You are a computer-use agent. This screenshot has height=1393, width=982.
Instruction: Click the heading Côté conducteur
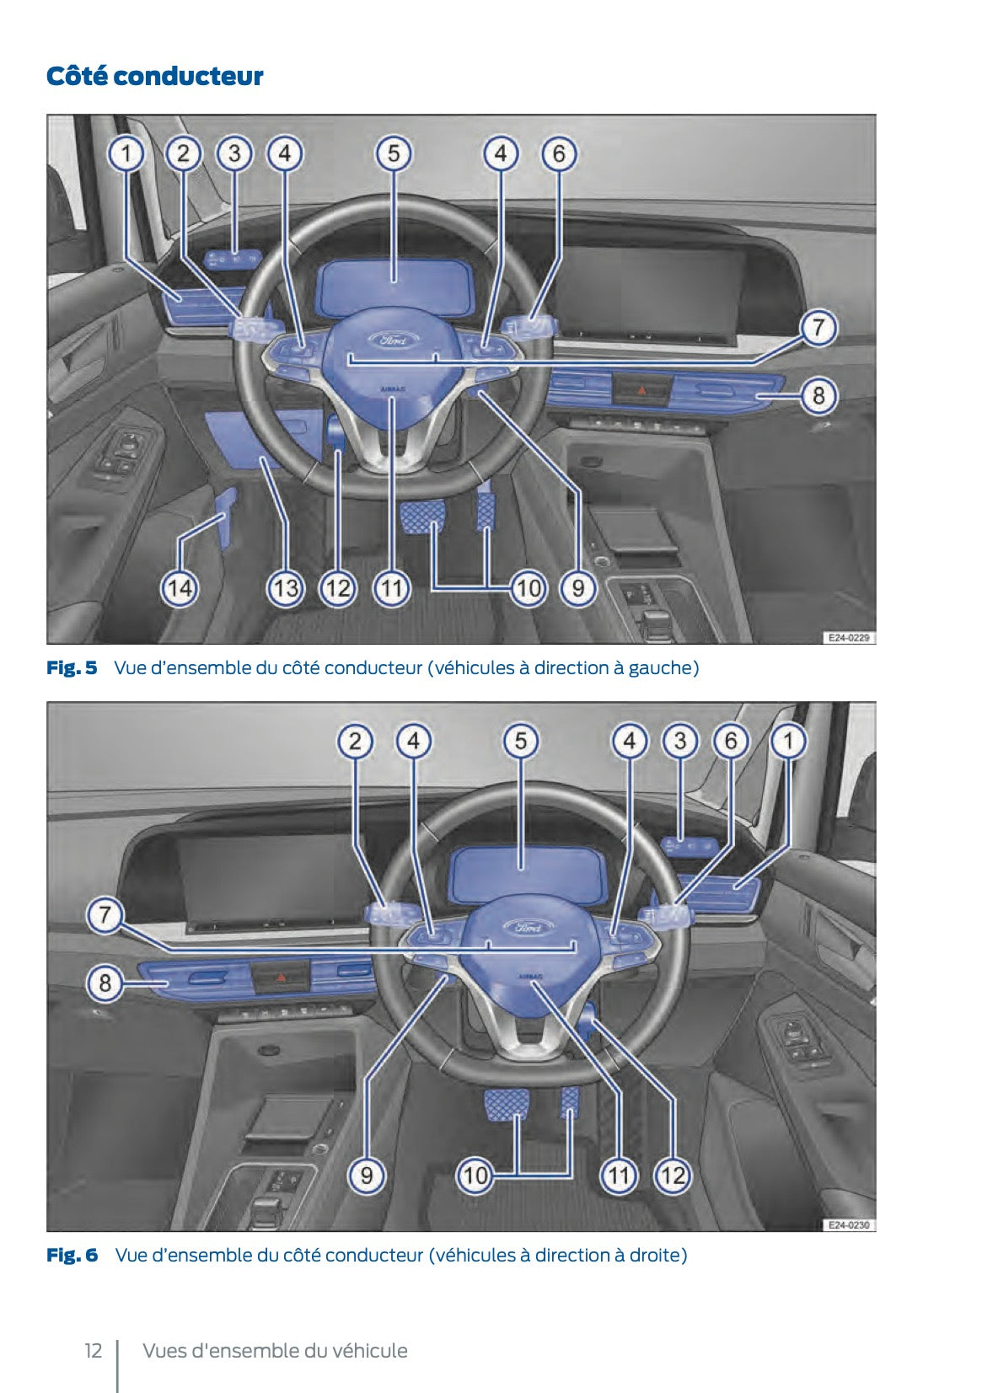coord(154,77)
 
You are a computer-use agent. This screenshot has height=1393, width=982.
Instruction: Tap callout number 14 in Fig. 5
coord(180,587)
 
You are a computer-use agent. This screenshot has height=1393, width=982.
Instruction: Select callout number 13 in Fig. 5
coord(285,587)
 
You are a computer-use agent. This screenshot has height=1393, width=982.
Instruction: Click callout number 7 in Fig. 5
coord(818,328)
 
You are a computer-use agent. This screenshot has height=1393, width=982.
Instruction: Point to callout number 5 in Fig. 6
coord(521,742)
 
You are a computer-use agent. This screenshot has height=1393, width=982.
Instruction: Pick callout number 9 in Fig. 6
coord(367,1175)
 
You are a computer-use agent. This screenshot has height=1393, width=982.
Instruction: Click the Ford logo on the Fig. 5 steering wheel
coord(392,340)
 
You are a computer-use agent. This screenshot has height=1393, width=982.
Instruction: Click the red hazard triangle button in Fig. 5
coord(642,390)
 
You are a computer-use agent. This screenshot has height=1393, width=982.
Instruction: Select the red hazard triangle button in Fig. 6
coord(282,978)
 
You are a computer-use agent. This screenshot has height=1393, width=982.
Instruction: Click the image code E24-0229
coord(848,638)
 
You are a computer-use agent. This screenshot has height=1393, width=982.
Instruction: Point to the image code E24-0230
coord(848,1224)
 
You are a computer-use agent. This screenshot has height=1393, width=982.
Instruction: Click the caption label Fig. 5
coord(72,668)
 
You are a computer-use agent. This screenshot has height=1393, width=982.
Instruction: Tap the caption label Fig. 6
coord(72,1256)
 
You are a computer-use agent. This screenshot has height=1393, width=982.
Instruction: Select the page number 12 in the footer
coord(93,1351)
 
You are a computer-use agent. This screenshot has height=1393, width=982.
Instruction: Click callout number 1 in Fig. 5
coord(127,154)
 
